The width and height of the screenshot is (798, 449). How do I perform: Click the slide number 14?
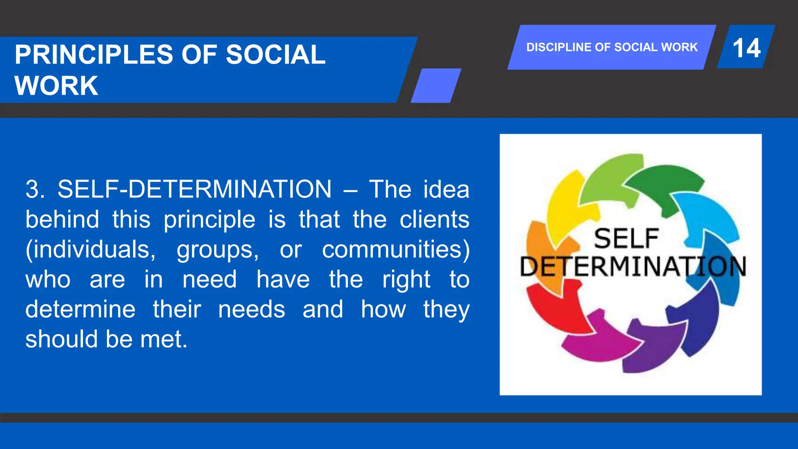click(746, 48)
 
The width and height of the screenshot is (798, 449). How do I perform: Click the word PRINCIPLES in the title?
click(94, 55)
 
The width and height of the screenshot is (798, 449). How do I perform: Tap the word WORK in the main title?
click(56, 86)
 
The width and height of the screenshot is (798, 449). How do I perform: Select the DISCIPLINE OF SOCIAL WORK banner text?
click(612, 47)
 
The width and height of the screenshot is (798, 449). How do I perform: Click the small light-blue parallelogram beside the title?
click(436, 86)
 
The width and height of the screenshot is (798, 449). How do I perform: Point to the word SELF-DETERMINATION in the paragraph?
click(194, 189)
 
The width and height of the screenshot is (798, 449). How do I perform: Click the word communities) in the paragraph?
click(395, 249)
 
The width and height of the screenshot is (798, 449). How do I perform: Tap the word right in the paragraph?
click(406, 279)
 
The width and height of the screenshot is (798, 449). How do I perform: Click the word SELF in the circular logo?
click(626, 239)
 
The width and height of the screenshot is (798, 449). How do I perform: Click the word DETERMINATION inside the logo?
click(633, 267)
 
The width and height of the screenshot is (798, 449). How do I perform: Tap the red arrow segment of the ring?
click(553, 308)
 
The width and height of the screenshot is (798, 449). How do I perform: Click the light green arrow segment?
click(608, 175)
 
